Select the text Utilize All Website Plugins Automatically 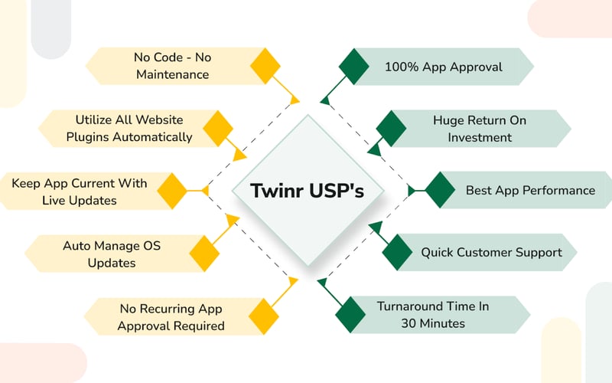(134, 129)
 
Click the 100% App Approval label (444, 67)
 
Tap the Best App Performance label (530, 190)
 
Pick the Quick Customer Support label (491, 252)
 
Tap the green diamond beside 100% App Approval (353, 66)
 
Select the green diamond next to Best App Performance (439, 190)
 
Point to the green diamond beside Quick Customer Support (396, 252)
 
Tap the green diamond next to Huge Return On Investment (391, 128)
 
